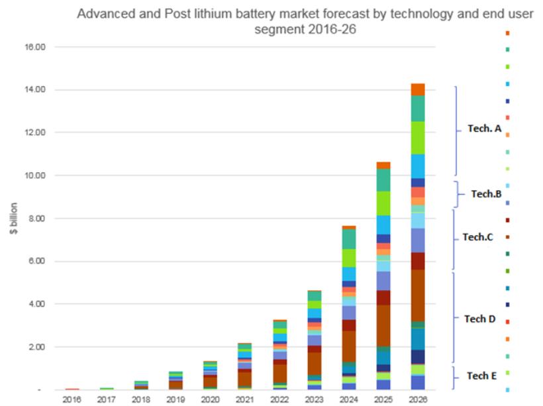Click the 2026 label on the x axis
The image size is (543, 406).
coord(418,400)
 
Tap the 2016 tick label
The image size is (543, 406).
coord(72,400)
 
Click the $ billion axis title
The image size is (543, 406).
coord(14,219)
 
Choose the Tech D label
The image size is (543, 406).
coord(479,319)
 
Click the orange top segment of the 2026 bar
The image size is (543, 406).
coord(418,89)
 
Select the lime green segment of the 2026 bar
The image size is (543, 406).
coord(418,138)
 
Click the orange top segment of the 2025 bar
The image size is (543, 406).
coord(383,165)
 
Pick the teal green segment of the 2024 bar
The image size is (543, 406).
coord(348,239)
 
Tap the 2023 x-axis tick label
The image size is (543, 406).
coord(314,400)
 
